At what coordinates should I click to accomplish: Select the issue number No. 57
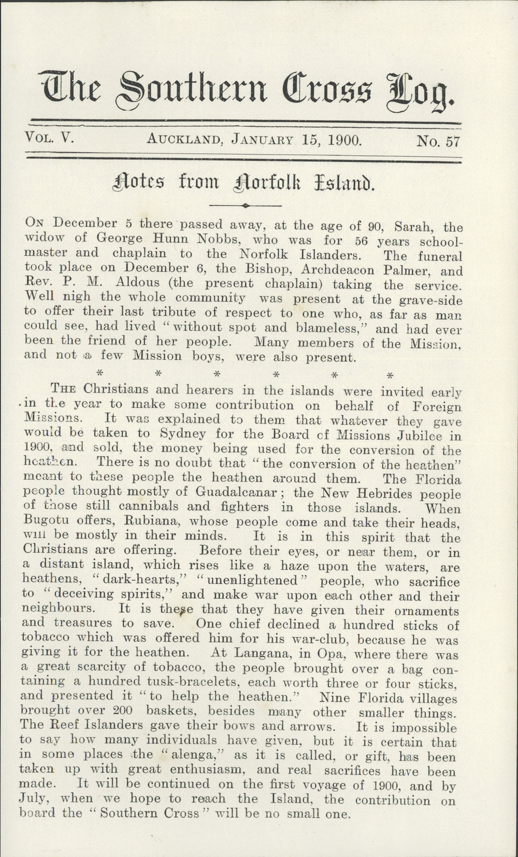click(x=438, y=140)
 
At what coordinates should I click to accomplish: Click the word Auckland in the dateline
click(x=185, y=139)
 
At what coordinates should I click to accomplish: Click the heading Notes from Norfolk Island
click(x=243, y=182)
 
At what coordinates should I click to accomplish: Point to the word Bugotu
click(x=46, y=521)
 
